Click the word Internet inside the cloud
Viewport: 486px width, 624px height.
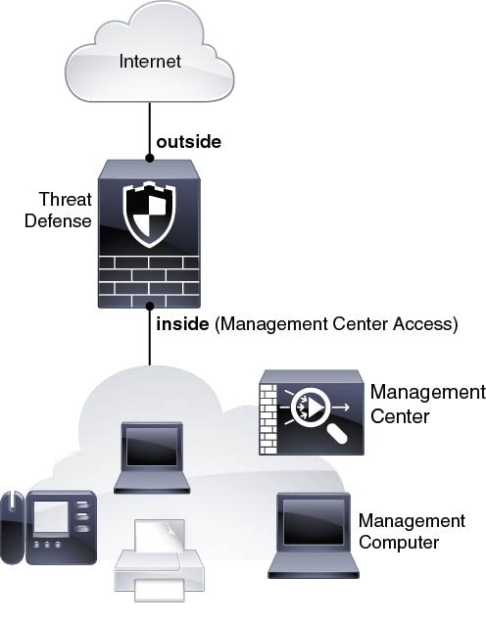point(150,62)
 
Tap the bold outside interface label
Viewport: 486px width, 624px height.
point(189,142)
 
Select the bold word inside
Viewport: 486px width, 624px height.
point(182,324)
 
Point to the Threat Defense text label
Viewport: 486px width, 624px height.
point(58,210)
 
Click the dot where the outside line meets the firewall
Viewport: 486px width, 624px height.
point(149,158)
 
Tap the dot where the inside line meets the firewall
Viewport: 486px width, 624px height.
point(150,306)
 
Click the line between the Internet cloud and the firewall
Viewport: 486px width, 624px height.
point(150,128)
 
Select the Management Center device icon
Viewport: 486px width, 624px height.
point(312,412)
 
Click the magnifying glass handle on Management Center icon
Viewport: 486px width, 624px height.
point(338,434)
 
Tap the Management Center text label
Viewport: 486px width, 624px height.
point(428,405)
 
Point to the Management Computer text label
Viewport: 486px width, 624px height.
point(412,532)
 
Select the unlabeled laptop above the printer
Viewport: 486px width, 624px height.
point(152,457)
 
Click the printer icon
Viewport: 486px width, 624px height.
point(159,560)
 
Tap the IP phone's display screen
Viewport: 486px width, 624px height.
point(51,516)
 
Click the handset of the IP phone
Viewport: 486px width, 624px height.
point(12,527)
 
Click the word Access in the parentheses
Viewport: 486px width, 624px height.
point(422,324)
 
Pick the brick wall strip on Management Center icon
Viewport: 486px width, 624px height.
point(267,419)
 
